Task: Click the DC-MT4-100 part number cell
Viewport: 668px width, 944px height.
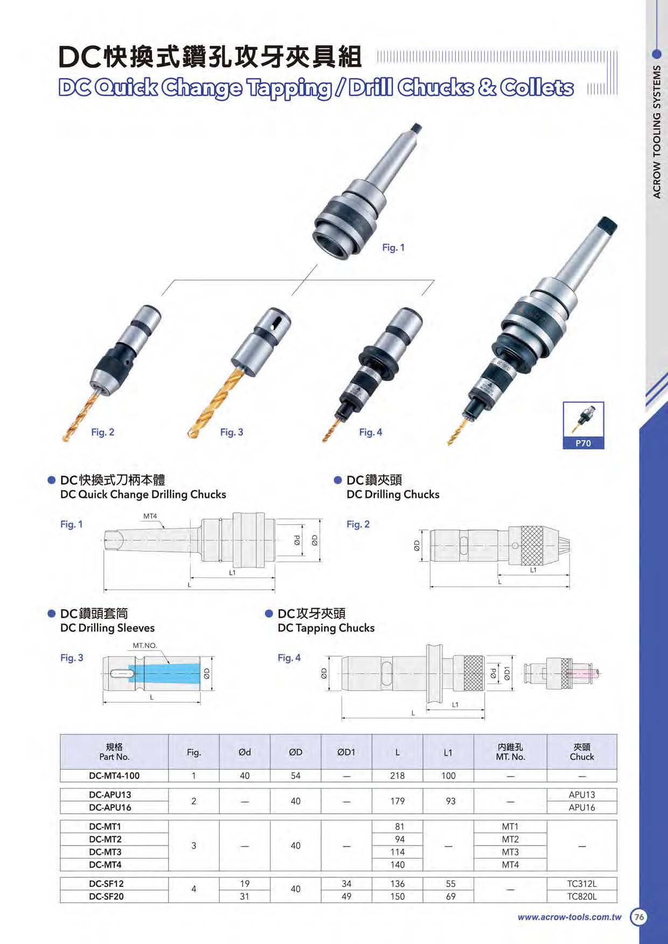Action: (114, 776)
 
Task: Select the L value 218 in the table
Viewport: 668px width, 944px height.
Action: (398, 776)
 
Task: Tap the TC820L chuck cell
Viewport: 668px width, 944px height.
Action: (582, 897)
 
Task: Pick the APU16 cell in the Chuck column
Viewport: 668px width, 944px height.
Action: (582, 807)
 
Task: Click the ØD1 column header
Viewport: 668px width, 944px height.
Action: (346, 752)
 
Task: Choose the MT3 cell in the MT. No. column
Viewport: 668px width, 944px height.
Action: (510, 852)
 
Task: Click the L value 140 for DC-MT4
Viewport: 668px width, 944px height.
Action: (398, 865)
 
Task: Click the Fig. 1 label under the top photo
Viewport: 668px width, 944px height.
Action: (393, 248)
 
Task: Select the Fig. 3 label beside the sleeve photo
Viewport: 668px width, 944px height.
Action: (232, 432)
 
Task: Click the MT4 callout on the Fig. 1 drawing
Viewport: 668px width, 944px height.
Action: (150, 516)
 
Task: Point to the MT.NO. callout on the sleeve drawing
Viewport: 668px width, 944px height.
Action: (145, 645)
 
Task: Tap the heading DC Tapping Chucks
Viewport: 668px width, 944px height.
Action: (326, 628)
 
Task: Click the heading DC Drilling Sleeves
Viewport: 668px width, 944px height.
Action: (108, 628)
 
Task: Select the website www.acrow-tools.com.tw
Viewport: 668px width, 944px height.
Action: (569, 917)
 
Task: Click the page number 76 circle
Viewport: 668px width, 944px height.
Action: (639, 917)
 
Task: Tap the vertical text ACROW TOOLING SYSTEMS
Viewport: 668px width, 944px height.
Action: (657, 132)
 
